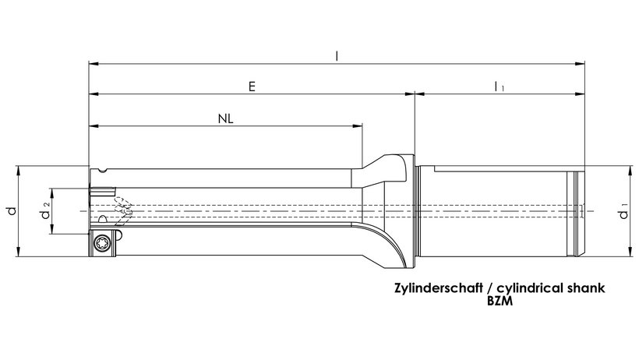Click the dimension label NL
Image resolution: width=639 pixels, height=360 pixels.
(226, 119)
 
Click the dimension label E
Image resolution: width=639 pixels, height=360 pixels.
(252, 86)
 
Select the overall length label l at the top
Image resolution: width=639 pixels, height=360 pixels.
(337, 56)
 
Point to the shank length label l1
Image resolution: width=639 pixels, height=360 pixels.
(499, 86)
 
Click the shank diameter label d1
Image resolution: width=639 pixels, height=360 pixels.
(624, 211)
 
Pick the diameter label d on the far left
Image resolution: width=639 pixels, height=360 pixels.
(12, 211)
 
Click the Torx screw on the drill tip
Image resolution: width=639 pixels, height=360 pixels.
(101, 244)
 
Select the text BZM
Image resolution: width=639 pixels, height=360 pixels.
(500, 302)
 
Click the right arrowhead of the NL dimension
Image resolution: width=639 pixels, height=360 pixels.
(358, 126)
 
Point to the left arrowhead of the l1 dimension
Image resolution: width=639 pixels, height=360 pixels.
(419, 94)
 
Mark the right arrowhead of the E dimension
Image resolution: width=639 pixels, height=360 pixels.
(410, 94)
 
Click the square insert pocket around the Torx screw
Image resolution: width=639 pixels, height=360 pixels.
(103, 243)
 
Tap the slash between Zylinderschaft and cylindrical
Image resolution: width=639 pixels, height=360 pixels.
(490, 288)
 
